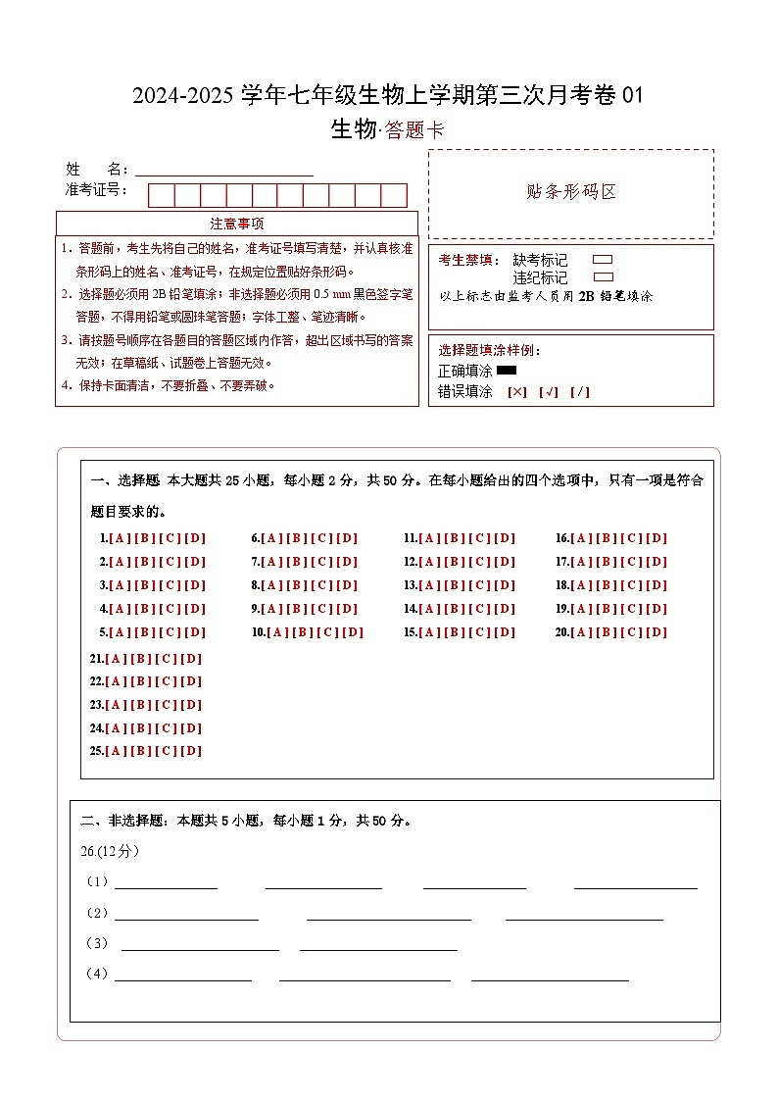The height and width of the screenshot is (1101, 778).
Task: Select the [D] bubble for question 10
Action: tap(353, 632)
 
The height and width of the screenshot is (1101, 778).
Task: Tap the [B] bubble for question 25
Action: tap(140, 751)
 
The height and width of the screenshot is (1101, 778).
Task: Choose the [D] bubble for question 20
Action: tap(656, 632)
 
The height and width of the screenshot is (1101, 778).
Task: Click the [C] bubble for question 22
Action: tap(166, 681)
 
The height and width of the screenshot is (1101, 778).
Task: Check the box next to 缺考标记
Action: tap(604, 260)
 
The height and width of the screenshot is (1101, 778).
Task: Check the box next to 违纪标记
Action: tap(604, 277)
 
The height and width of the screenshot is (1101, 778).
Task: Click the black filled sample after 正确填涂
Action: tap(507, 371)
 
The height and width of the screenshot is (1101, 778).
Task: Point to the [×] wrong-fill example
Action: tap(517, 392)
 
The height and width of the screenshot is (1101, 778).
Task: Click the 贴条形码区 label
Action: tap(571, 192)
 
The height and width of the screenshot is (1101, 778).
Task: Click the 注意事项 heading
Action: tap(237, 224)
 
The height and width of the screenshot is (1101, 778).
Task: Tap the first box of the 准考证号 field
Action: tap(161, 195)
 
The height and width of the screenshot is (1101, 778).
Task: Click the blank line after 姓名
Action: tap(224, 171)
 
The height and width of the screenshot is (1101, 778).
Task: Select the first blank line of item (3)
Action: tap(200, 946)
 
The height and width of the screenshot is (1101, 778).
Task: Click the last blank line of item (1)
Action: tap(635, 884)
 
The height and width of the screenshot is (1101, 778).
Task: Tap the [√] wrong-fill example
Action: tap(549, 392)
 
